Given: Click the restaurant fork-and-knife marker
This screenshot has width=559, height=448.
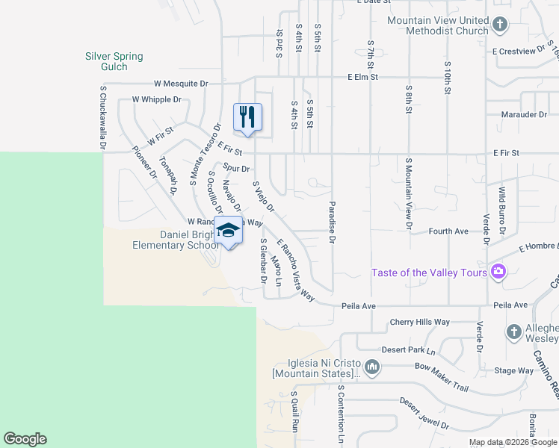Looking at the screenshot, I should pyautogui.click(x=248, y=117).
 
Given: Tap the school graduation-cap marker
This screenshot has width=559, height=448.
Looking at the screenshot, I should pyautogui.click(x=229, y=229).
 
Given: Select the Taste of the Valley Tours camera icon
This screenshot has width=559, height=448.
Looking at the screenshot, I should pyautogui.click(x=497, y=272).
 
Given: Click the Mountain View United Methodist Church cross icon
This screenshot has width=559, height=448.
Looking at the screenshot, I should pyautogui.click(x=500, y=25).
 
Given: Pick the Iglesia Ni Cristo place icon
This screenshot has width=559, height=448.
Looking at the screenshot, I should pyautogui.click(x=372, y=366).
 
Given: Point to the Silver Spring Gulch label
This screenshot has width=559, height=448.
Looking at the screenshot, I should pyautogui.click(x=114, y=61).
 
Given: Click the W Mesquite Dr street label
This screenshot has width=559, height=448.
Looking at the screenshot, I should pyautogui.click(x=181, y=84).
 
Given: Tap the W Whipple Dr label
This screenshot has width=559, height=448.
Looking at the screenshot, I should pyautogui.click(x=157, y=99).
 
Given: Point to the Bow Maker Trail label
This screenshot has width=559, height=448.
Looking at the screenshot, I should pyautogui.click(x=441, y=378).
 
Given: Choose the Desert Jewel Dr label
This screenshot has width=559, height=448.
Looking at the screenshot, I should pyautogui.click(x=426, y=413).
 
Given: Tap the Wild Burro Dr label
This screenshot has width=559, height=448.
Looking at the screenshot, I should pyautogui.click(x=503, y=211).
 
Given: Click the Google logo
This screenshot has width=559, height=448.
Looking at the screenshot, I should pyautogui.click(x=25, y=439).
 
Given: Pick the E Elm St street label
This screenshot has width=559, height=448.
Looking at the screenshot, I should pyautogui.click(x=363, y=77).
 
